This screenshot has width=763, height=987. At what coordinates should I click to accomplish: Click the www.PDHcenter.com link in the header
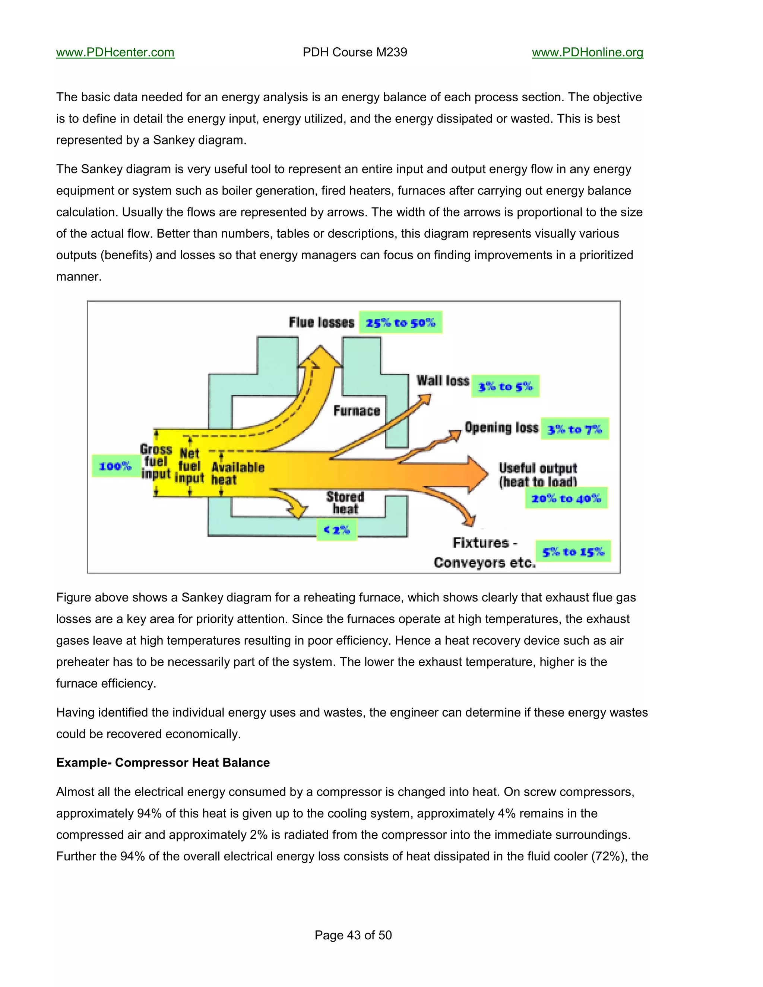[x=115, y=53]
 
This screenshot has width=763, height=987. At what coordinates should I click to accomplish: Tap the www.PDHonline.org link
[x=587, y=53]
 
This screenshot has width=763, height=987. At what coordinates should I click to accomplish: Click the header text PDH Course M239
[x=354, y=53]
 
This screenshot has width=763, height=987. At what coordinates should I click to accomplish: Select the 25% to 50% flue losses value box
[x=401, y=323]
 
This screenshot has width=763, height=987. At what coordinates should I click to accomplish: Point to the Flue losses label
[x=322, y=323]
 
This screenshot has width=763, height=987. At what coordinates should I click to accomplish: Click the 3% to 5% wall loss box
[x=505, y=386]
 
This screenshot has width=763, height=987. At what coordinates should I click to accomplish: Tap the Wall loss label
[x=443, y=381]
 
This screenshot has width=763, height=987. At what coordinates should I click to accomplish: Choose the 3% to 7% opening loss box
[x=574, y=429]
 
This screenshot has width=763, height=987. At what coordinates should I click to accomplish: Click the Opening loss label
[x=501, y=428]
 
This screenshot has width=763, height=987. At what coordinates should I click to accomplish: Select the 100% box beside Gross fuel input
[x=115, y=466]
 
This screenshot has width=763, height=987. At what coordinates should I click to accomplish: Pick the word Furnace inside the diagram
[x=357, y=411]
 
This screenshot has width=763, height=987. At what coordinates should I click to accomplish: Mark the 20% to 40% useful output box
[x=566, y=498]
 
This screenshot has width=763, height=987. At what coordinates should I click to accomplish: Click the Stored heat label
[x=345, y=503]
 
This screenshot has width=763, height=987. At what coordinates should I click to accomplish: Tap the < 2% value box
[x=337, y=530]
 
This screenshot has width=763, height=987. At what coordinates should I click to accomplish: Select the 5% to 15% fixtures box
[x=573, y=551]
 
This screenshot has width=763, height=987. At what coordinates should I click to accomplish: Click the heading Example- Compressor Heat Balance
[x=163, y=763]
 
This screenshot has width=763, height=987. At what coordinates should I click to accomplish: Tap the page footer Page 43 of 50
[x=353, y=935]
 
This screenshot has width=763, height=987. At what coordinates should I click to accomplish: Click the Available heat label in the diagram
[x=237, y=473]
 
